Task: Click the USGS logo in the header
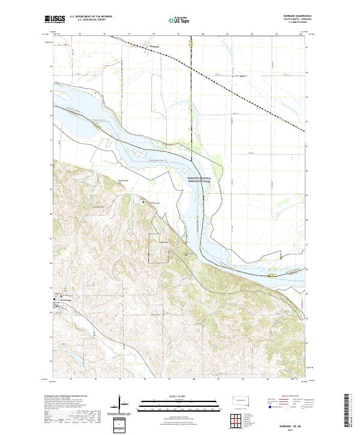[x=54, y=19]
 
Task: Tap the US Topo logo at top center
[x=176, y=19]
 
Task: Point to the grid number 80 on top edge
[x=203, y=34]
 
